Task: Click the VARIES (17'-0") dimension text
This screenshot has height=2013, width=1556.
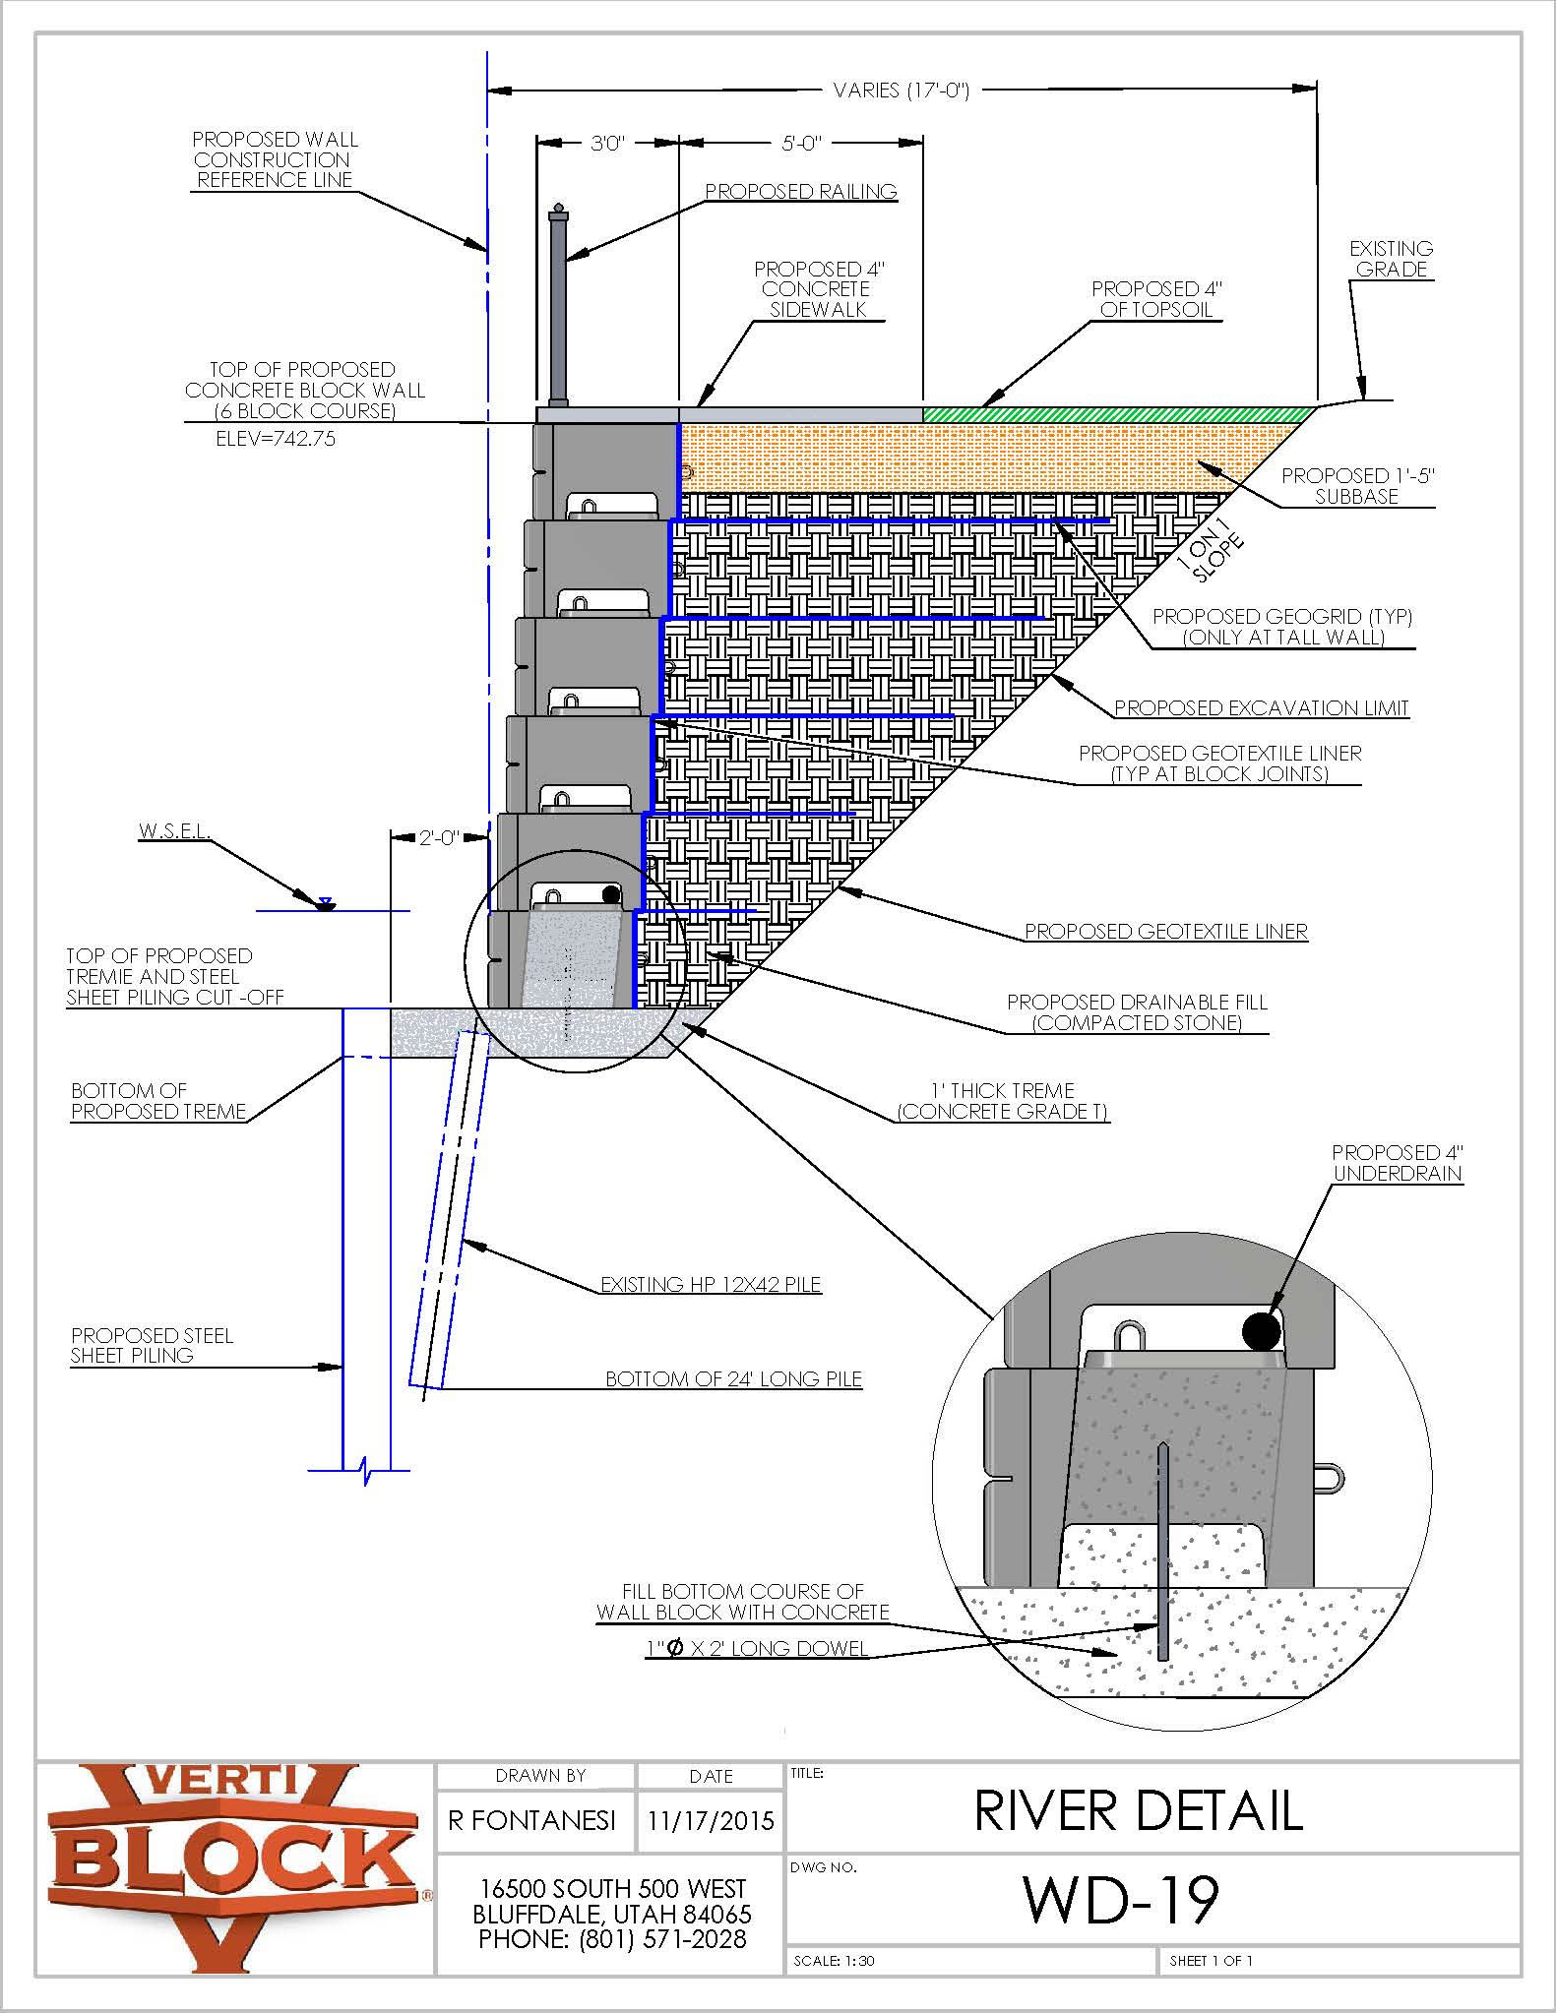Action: (x=901, y=91)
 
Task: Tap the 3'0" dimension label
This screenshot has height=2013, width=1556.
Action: (x=607, y=144)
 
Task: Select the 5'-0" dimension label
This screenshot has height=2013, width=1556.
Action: (x=800, y=144)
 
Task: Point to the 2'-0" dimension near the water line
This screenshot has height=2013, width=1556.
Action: (x=439, y=838)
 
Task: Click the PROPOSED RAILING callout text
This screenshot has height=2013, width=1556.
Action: (x=800, y=192)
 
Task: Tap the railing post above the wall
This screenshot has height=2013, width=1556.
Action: (x=558, y=305)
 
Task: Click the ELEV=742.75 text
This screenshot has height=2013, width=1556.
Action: (x=276, y=439)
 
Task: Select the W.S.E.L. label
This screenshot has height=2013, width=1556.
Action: (x=174, y=830)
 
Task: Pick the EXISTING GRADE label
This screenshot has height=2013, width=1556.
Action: (x=1390, y=259)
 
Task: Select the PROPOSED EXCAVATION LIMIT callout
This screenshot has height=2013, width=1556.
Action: (x=1261, y=708)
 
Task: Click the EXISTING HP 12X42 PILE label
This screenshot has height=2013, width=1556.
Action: (x=711, y=1285)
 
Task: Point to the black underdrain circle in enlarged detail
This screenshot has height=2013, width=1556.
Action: (x=1261, y=1331)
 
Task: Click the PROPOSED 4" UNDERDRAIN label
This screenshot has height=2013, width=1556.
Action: (x=1397, y=1163)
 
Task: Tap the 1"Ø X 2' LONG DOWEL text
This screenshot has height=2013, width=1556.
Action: (x=757, y=1648)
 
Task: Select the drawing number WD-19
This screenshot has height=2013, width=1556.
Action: (x=1121, y=1900)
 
